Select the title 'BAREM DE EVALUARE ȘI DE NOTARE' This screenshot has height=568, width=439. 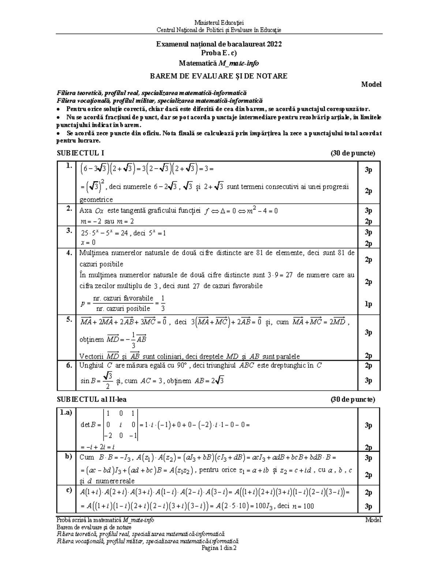click(219, 76)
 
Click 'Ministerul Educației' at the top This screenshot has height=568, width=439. click(219, 23)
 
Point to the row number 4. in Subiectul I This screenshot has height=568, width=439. click(69, 253)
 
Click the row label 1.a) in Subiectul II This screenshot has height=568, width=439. click(67, 413)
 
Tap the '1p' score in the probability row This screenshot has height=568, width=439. click(368, 304)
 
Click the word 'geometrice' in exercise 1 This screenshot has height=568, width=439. click(96, 200)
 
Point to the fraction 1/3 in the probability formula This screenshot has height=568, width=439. click(163, 304)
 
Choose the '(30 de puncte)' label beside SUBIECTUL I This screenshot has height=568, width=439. click(353, 153)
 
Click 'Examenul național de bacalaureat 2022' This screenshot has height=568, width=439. click(219, 44)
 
